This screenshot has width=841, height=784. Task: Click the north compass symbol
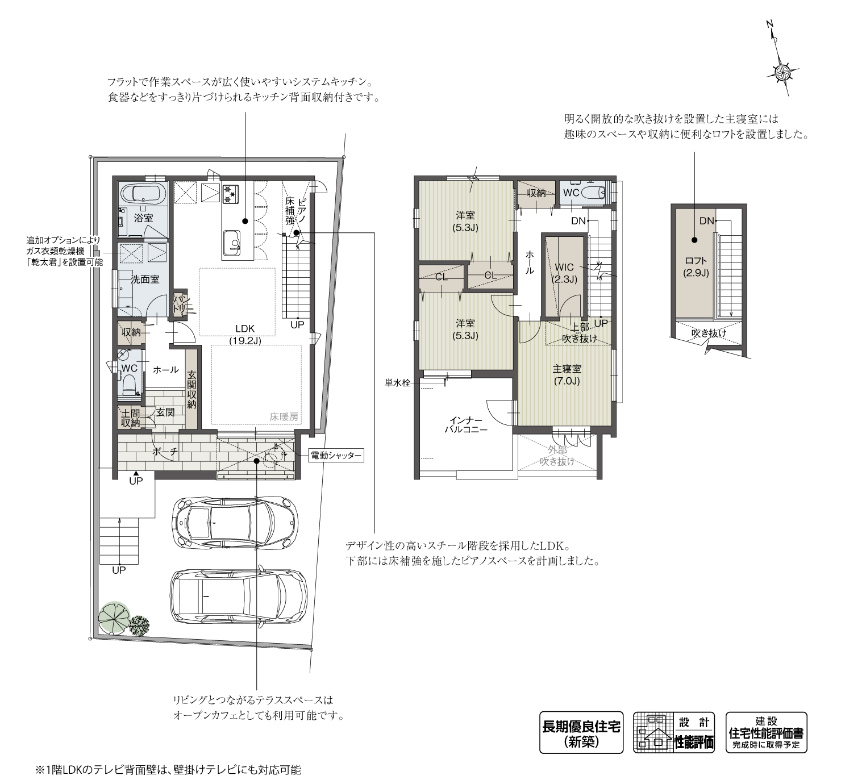pos(783,70)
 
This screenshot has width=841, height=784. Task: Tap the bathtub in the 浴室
pos(142,193)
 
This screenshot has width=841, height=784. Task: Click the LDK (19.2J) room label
pos(245,335)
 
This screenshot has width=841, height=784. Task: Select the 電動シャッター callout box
pos(335,456)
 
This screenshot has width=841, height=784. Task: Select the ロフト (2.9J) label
pos(696,266)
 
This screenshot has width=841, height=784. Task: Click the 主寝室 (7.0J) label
pos(567,375)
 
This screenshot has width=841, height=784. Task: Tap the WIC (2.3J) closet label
pos(564,273)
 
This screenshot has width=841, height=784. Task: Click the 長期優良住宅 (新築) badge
pos(581,733)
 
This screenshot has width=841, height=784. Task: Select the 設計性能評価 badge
pos(675,733)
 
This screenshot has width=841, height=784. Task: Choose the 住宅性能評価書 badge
pos(766,733)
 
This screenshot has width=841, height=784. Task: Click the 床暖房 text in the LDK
pos(284,417)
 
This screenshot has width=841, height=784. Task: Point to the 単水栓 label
pos(397,383)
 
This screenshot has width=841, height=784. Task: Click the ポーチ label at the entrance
pos(165,452)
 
